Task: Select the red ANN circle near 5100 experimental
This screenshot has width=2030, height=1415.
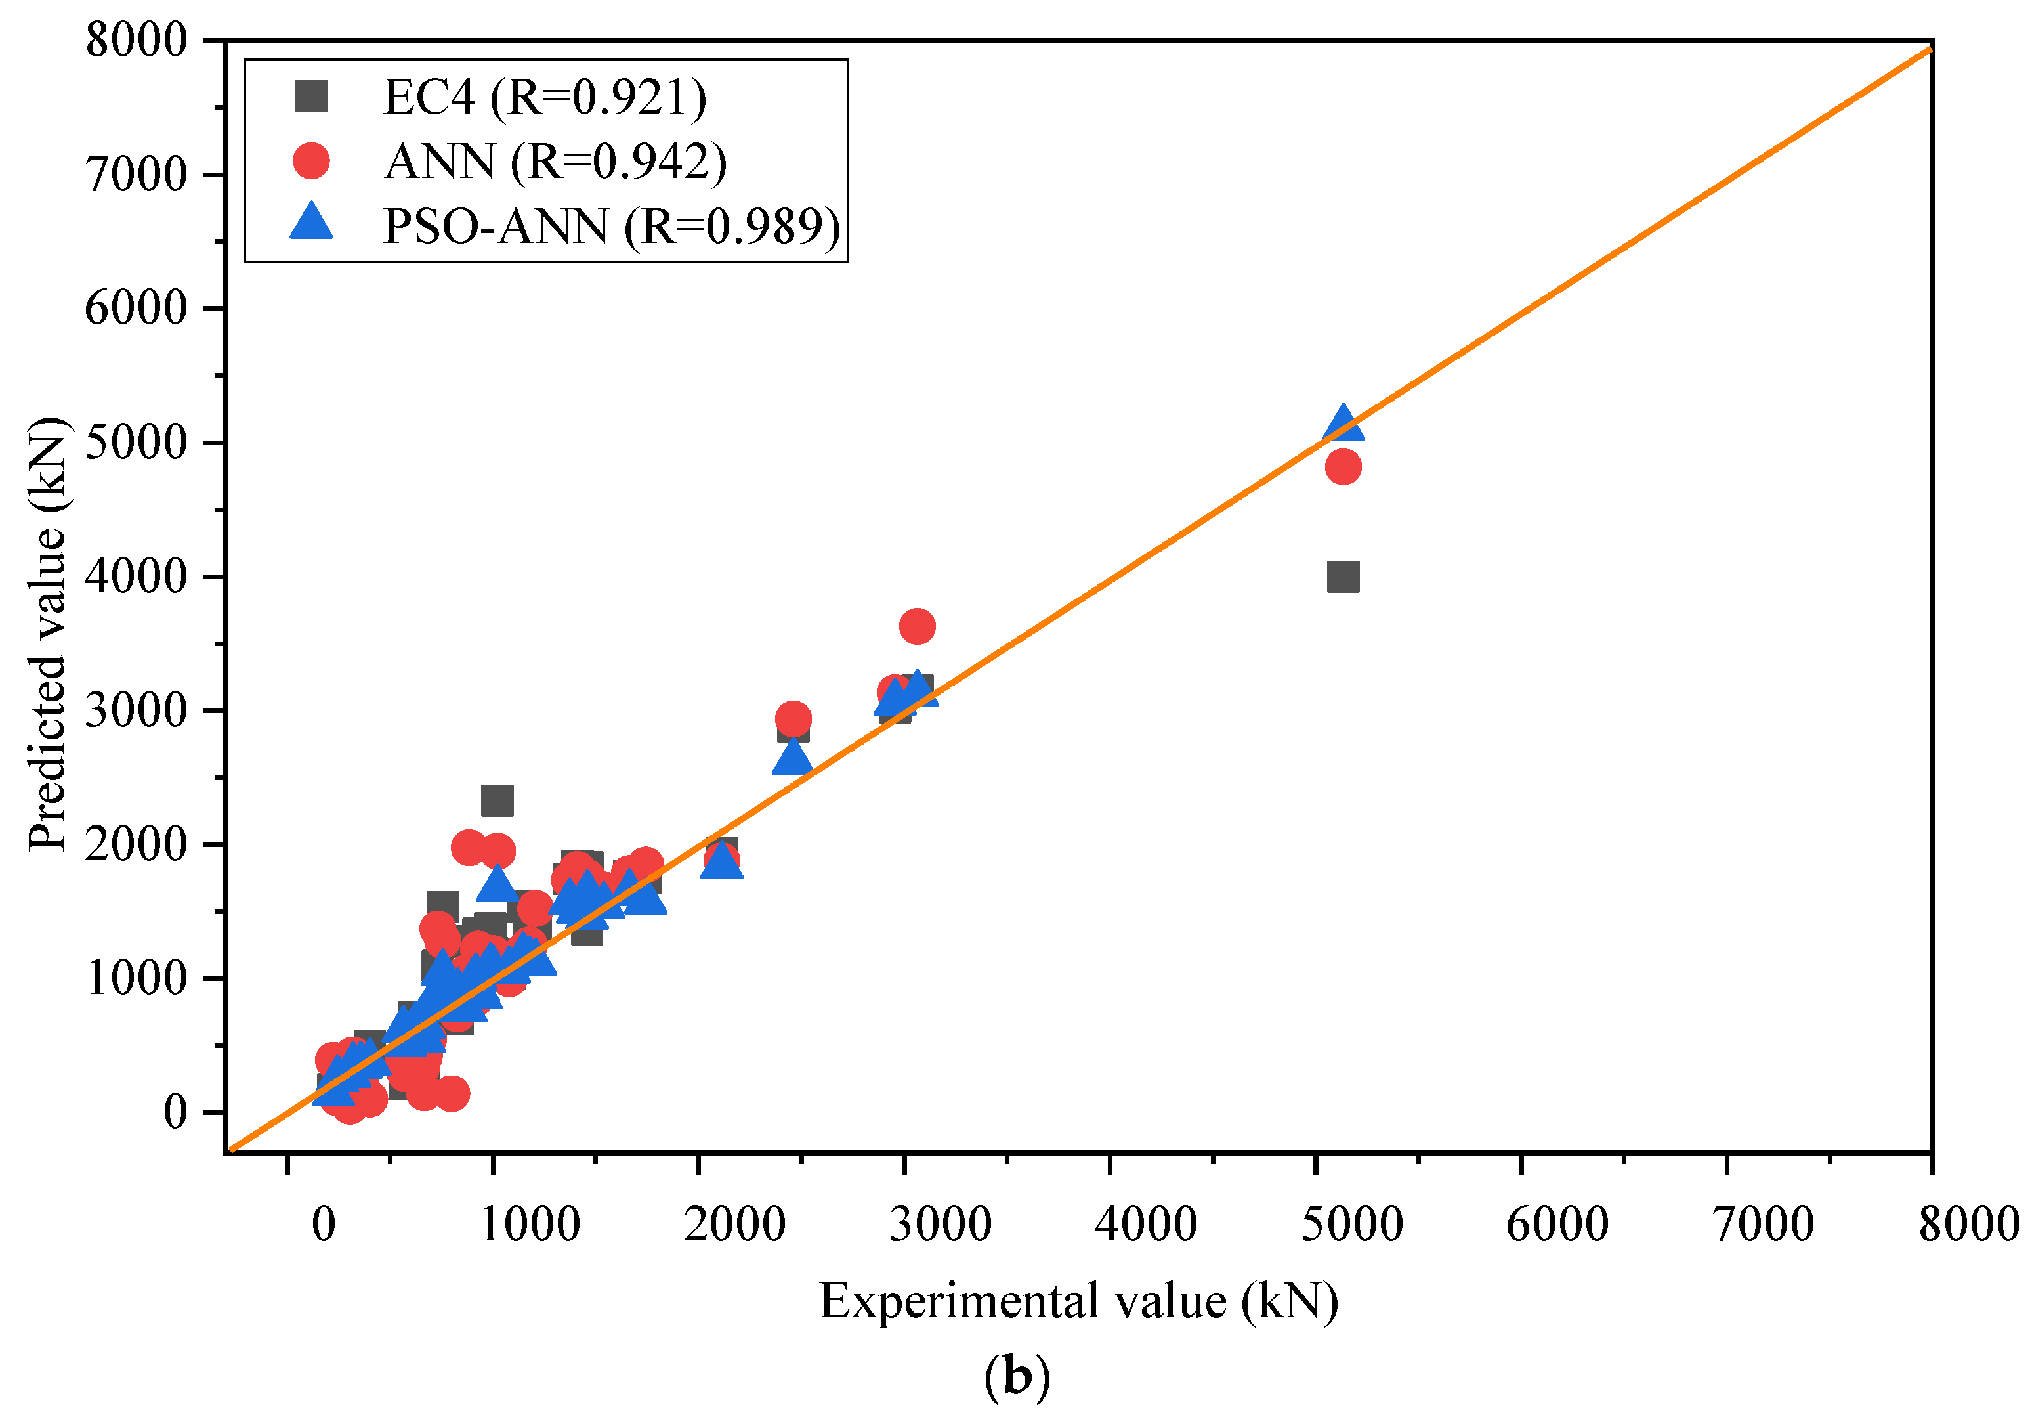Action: click(x=1343, y=466)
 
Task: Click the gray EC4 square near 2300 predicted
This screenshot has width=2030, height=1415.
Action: click(x=497, y=800)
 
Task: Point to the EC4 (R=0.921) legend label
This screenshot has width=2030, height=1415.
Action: click(x=545, y=97)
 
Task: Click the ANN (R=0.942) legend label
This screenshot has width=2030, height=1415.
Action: click(x=555, y=161)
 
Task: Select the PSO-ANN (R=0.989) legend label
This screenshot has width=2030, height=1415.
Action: click(x=612, y=227)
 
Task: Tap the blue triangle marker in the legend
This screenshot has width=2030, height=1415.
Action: click(x=311, y=222)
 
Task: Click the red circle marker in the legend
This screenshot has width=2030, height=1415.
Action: click(x=311, y=161)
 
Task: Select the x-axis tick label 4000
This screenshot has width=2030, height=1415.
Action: click(x=1146, y=1224)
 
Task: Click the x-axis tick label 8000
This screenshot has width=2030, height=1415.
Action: click(x=1969, y=1224)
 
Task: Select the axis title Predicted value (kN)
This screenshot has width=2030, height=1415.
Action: click(x=49, y=633)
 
